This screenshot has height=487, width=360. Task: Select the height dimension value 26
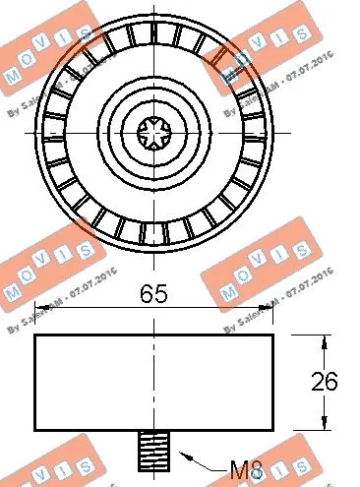point(336,381)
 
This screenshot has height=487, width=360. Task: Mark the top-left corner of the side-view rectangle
point(36,335)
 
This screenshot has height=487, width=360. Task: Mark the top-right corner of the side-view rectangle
point(272,335)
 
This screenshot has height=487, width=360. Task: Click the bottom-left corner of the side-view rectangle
point(36,430)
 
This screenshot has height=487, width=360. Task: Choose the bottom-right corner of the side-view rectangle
point(272,430)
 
